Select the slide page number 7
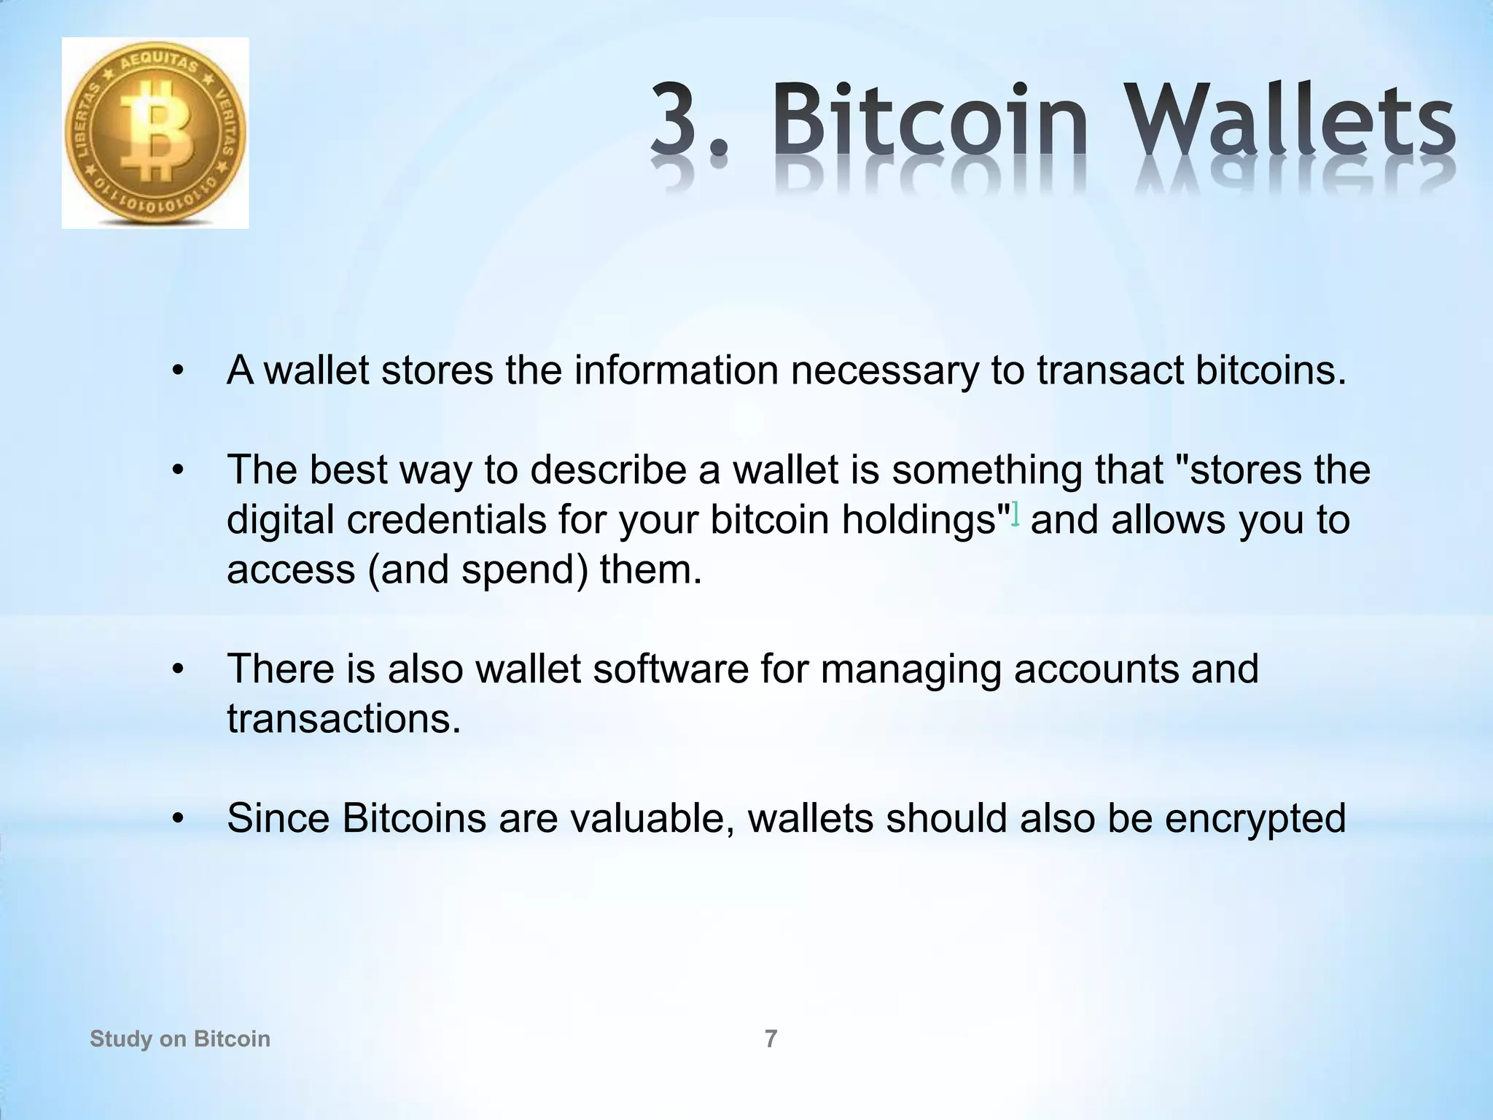[771, 1038]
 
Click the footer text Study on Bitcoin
[180, 1038]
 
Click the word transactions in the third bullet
[343, 719]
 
